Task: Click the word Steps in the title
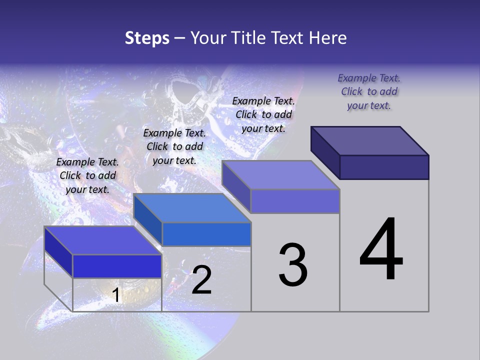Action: point(146,38)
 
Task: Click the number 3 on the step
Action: point(293,265)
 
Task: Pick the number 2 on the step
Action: point(201,280)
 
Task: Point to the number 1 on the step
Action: point(116,295)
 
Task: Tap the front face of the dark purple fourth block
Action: point(384,167)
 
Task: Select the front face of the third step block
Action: point(295,201)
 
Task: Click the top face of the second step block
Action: point(192,208)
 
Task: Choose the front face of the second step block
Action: point(206,234)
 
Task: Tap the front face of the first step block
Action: point(117,266)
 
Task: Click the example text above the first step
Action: point(87,175)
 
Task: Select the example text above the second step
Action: point(174,146)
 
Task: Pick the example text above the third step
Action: point(263,114)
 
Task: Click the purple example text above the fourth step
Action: point(369,91)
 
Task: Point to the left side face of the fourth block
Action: point(325,152)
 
